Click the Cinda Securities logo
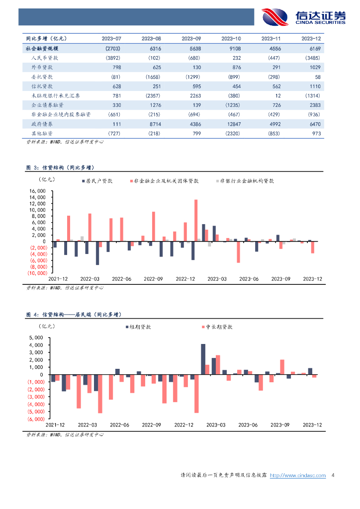point(303,17)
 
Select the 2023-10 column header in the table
point(231,38)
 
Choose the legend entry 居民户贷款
point(97,181)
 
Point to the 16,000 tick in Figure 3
point(38,191)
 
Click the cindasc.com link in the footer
point(297,476)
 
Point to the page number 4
point(333,476)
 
